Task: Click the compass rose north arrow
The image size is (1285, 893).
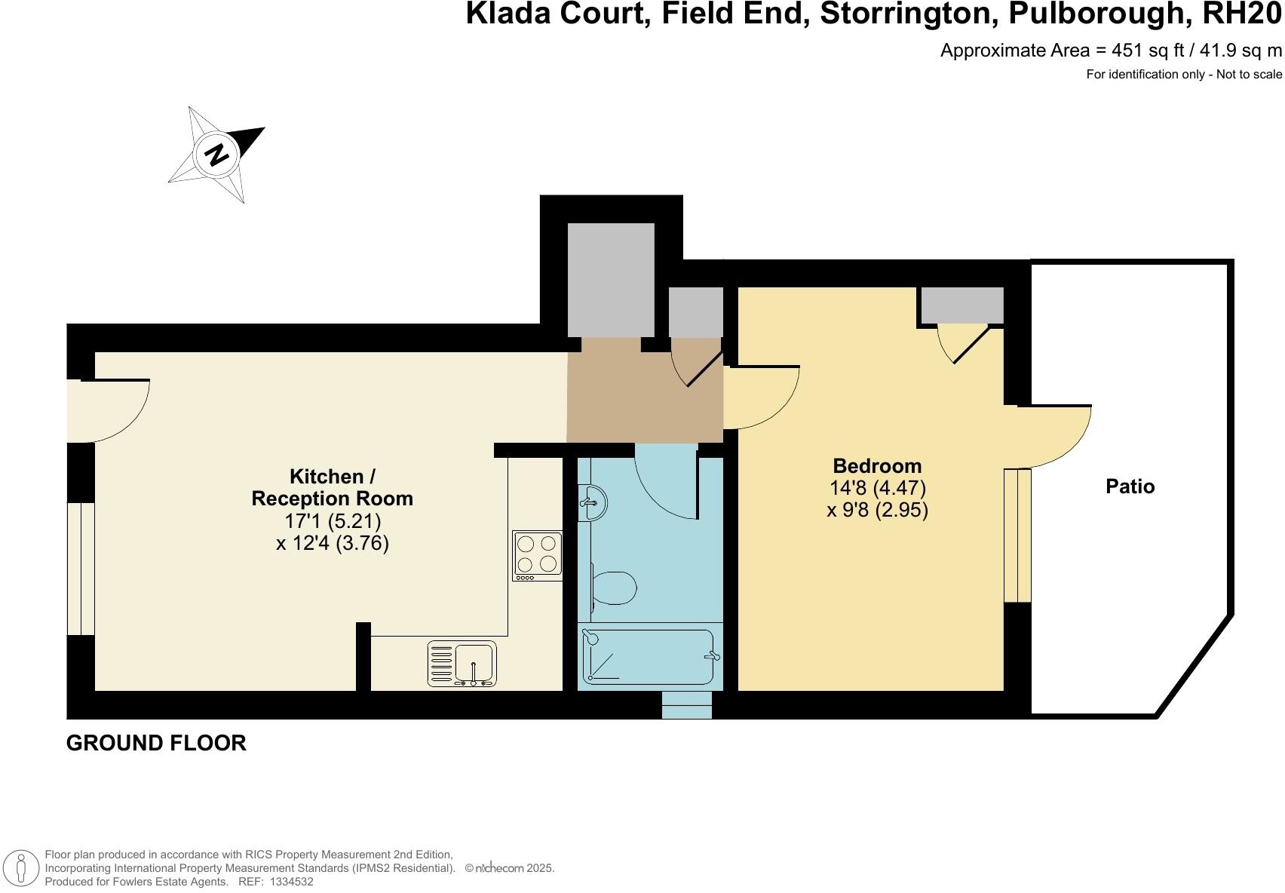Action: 216,155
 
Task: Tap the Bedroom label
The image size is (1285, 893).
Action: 877,465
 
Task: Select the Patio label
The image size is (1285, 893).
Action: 1130,486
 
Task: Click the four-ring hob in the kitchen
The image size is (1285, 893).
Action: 537,555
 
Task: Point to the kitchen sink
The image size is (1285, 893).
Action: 462,664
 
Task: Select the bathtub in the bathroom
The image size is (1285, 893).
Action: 649,657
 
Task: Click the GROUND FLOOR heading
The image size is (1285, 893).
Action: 156,743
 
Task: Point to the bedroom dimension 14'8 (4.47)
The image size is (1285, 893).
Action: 877,488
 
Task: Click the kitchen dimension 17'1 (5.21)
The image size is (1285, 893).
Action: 332,521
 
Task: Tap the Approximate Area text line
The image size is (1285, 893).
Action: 1110,51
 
